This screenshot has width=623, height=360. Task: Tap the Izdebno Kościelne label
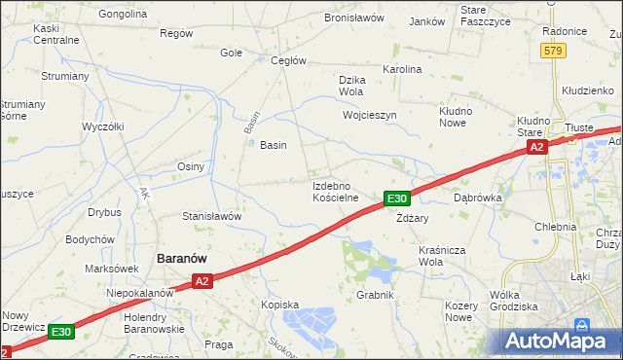336,191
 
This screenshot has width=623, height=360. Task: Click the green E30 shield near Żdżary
395,198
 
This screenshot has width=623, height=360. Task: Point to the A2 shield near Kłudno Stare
536,147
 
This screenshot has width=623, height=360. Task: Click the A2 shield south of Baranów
201,281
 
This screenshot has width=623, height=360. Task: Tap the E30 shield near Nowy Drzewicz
60,332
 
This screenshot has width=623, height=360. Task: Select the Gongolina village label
123,16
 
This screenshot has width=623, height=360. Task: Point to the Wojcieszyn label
370,115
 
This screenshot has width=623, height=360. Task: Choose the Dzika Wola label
349,86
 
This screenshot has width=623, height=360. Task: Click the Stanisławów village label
211,216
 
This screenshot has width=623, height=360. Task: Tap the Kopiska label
279,305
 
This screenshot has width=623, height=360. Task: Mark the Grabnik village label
375,295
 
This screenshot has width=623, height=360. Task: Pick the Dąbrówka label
477,197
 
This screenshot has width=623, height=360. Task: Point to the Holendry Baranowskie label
154,323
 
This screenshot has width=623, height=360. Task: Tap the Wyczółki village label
103,126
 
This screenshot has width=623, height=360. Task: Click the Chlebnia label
556,227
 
